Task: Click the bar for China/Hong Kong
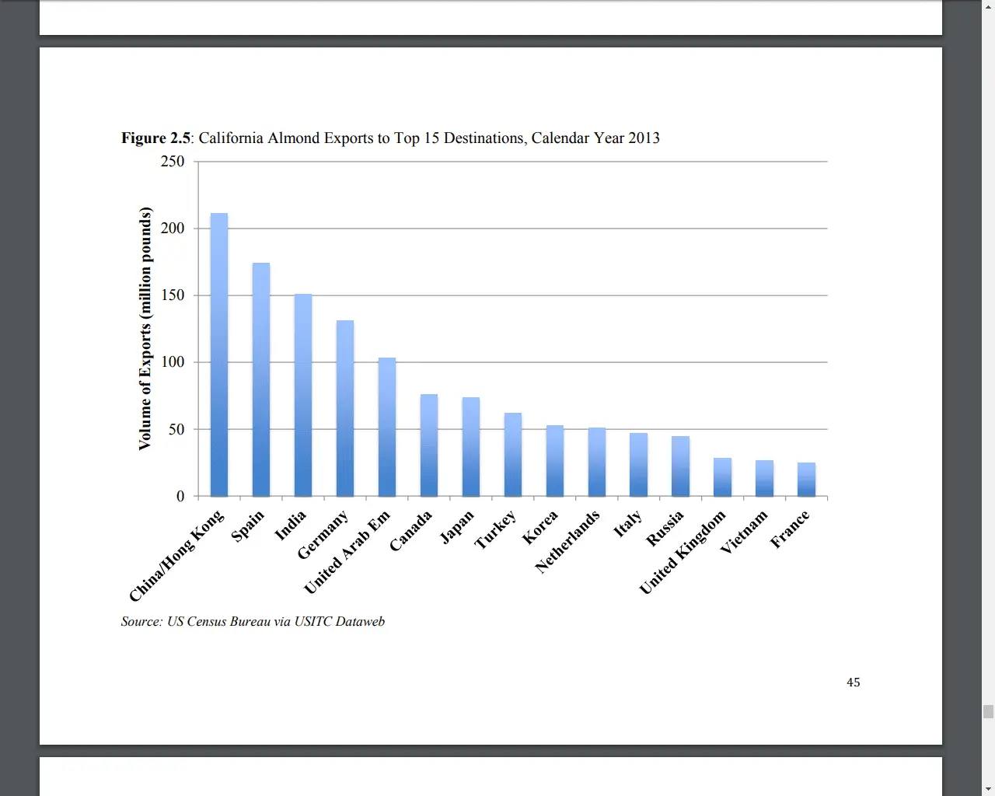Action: click(219, 354)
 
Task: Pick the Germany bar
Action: click(345, 408)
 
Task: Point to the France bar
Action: click(806, 479)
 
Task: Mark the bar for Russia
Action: click(680, 466)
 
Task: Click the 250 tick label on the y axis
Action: click(173, 162)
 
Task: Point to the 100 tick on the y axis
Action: click(173, 362)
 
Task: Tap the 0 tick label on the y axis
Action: click(180, 496)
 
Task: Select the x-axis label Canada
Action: click(410, 531)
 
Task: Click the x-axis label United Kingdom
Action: click(682, 552)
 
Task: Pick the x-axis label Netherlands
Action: click(567, 541)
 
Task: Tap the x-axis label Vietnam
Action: click(743, 532)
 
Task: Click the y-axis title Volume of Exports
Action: click(145, 328)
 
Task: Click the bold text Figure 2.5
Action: click(155, 138)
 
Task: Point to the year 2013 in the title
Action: click(644, 138)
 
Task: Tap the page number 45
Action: click(853, 683)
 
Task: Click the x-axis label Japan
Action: click(456, 527)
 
